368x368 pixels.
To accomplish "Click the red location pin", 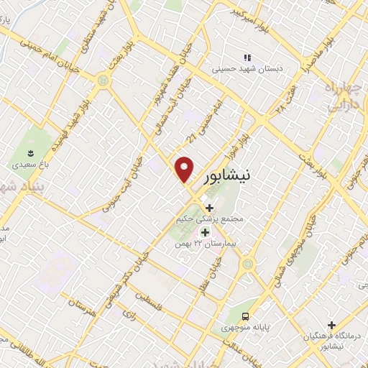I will point(185,168).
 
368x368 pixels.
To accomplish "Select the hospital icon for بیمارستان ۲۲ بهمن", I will point(205,232).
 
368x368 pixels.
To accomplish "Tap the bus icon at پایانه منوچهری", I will point(247,316).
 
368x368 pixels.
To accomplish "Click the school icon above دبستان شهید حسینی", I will point(247,57).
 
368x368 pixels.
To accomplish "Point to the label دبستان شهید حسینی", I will point(243,70).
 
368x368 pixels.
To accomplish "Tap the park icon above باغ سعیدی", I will point(30,152).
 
